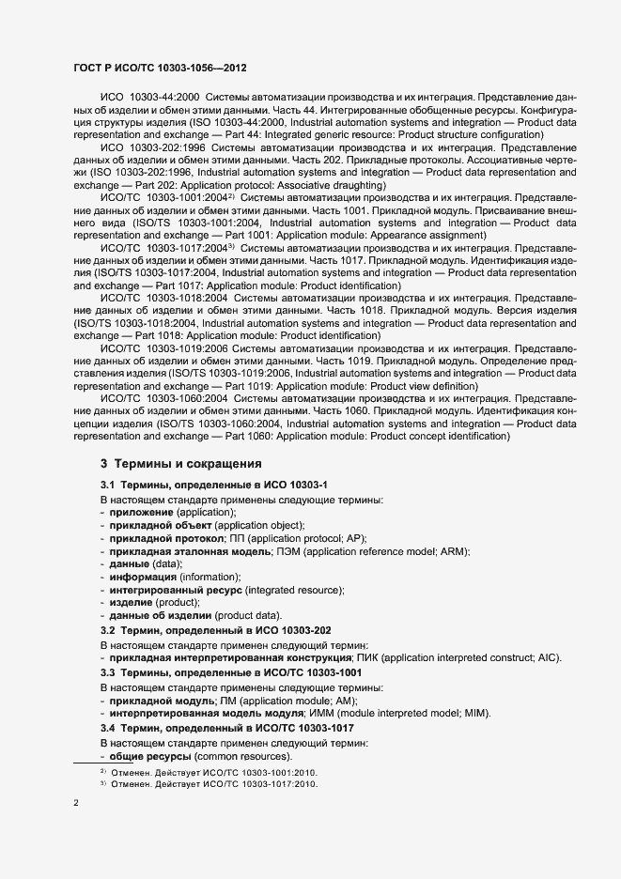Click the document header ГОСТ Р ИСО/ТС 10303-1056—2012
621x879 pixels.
coord(160,69)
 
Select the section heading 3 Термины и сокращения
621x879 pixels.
coord(180,463)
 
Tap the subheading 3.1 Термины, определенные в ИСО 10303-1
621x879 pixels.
coord(213,484)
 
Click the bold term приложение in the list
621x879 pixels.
coord(141,512)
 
